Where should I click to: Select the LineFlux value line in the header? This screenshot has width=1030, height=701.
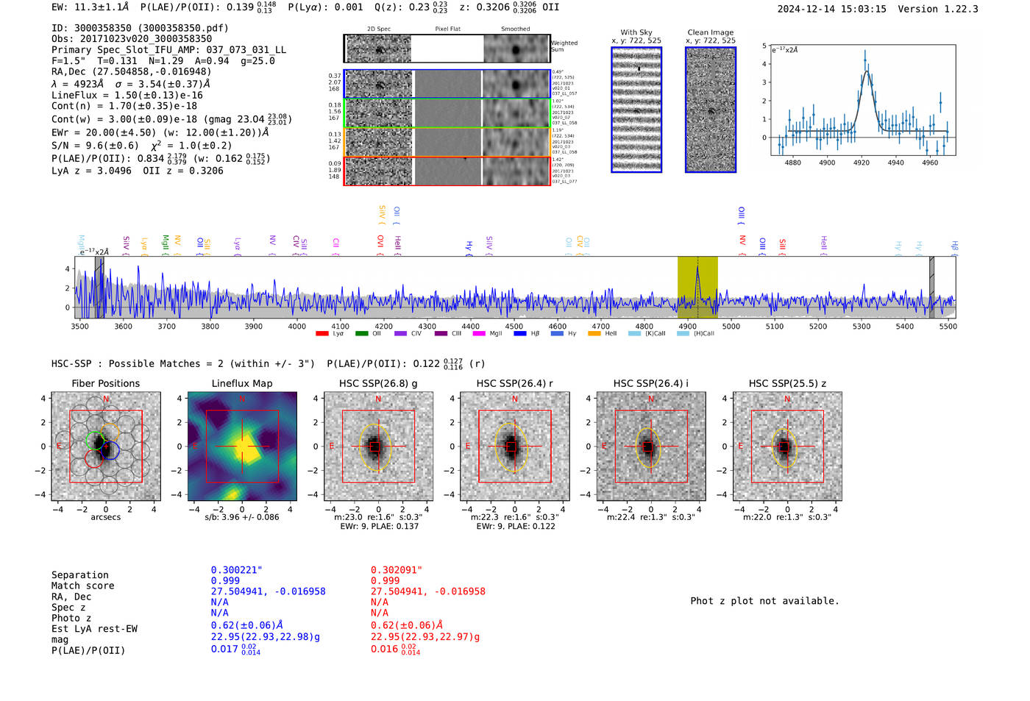tap(127, 95)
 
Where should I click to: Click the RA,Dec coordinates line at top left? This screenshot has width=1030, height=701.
tap(131, 71)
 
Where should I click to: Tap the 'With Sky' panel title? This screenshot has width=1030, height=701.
tap(636, 32)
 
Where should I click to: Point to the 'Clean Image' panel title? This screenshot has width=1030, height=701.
tap(710, 32)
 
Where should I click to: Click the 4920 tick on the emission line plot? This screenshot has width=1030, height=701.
tap(862, 163)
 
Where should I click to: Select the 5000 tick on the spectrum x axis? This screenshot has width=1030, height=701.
tap(731, 327)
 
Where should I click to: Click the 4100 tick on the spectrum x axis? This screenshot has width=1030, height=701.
tap(340, 327)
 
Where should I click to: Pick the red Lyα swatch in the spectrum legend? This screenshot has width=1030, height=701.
tap(322, 334)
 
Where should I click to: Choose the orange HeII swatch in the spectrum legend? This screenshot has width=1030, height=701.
tap(594, 334)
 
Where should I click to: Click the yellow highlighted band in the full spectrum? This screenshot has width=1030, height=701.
tap(697, 287)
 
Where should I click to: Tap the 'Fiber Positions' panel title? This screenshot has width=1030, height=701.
tap(106, 383)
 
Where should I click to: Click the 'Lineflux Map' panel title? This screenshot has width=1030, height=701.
tap(242, 383)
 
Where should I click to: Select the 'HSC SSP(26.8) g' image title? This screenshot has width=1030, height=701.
tap(378, 383)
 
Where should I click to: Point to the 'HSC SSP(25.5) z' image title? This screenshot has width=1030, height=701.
tap(787, 383)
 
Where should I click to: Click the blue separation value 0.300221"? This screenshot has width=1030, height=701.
tap(236, 570)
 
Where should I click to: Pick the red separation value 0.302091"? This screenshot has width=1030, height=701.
tap(397, 570)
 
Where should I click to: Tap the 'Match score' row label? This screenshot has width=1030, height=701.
tap(83, 586)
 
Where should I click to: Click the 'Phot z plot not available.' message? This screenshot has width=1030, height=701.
tap(764, 601)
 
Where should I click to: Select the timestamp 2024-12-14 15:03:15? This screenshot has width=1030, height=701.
tap(831, 9)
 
